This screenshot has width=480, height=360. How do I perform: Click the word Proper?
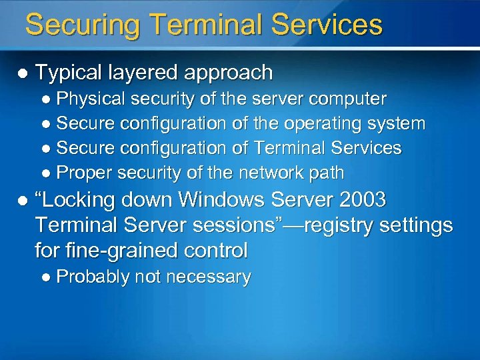pyautogui.click(x=84, y=173)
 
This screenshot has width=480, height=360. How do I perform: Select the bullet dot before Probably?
pyautogui.click(x=46, y=277)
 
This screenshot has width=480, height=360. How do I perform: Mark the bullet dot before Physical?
pyautogui.click(x=46, y=100)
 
